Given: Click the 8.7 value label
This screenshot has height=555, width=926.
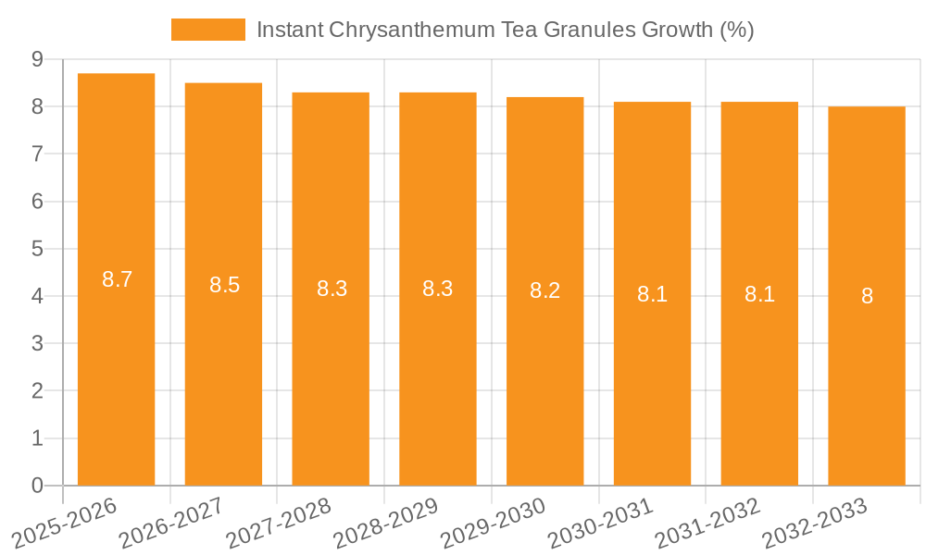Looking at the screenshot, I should (118, 279).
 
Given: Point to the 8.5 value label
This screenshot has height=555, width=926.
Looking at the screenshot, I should (224, 285).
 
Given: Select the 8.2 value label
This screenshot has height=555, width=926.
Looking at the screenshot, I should (544, 290).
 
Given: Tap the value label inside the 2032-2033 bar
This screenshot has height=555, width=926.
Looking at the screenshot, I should (867, 296).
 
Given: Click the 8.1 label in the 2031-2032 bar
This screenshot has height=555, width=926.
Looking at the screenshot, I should (759, 294).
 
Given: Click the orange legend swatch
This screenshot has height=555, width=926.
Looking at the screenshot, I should (208, 30).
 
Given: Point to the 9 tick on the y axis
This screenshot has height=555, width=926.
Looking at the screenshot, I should (37, 59).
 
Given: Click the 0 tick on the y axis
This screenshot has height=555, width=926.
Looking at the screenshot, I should (37, 486).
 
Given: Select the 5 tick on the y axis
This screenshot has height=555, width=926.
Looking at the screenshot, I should (37, 249).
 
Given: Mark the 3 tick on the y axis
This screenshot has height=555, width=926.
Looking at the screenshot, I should (37, 343).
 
